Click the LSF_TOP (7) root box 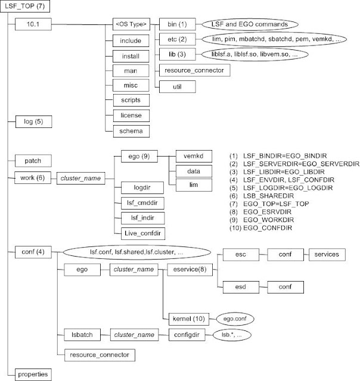tap(24, 7)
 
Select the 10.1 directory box tap(33, 25)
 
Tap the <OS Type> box tap(131, 25)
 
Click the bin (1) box tap(174, 25)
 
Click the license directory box tap(131, 114)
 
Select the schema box tap(131, 130)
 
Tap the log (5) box tap(33, 121)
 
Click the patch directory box tap(33, 161)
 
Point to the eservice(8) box tap(179, 269)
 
